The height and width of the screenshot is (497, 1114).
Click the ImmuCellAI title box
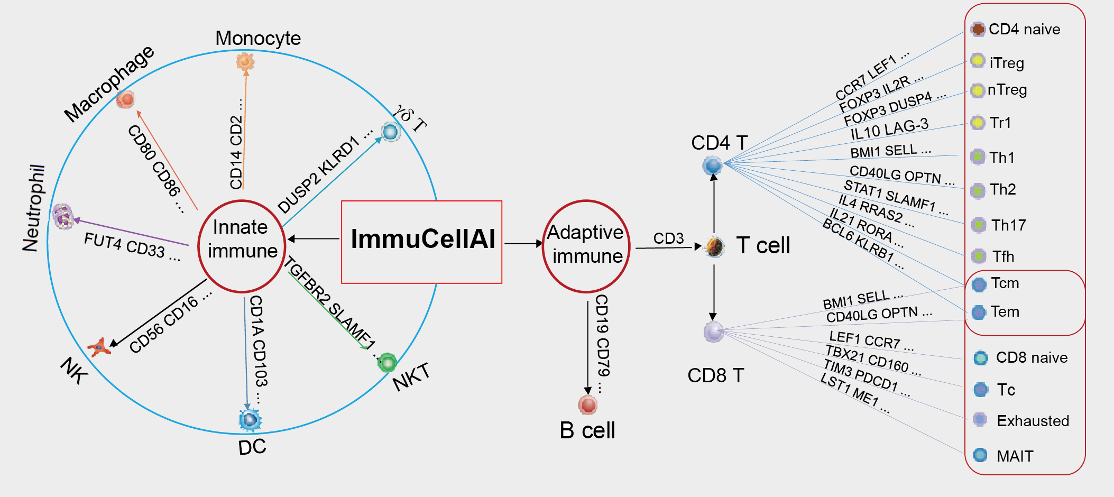coord(421,242)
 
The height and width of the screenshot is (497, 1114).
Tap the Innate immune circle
coord(242,246)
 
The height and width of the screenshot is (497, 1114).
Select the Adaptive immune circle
coord(586,246)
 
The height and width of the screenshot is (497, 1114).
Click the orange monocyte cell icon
coord(245,61)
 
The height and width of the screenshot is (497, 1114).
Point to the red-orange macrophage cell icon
coord(126,99)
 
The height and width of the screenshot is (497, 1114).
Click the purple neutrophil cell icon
coord(63,216)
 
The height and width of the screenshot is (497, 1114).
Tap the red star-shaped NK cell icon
coord(98,347)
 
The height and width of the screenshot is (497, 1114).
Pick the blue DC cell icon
coord(250,420)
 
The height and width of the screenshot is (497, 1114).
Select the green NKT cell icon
coord(388,363)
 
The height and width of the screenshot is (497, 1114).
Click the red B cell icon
coord(587,405)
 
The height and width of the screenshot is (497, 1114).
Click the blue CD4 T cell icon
coord(712,165)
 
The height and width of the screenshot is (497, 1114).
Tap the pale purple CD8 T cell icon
coord(713,332)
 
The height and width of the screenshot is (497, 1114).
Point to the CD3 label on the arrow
coord(668,238)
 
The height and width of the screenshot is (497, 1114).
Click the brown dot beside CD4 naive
coord(978,29)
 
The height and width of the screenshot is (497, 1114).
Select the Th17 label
coord(1008,225)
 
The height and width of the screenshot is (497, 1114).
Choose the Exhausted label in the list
coord(1033,421)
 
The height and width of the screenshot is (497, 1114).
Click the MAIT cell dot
coord(980,455)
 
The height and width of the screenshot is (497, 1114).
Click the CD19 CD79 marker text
coord(602,344)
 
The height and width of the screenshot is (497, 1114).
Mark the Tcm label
coord(1005,283)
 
